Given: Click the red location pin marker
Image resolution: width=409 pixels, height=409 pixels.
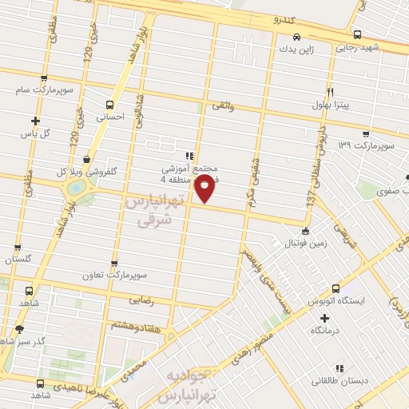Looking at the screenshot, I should click(x=205, y=189).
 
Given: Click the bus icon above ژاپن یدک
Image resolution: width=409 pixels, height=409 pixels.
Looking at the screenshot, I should click(x=296, y=37).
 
